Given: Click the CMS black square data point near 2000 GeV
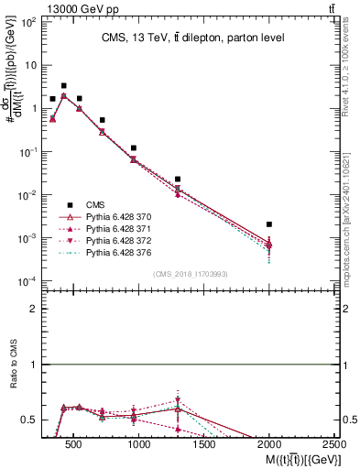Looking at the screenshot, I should (x=268, y=224).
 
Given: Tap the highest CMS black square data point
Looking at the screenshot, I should (x=63, y=86).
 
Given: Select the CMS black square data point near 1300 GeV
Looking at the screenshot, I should (x=178, y=180).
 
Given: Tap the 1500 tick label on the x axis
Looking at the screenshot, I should (x=203, y=445).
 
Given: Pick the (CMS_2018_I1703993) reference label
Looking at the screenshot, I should (x=190, y=273).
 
